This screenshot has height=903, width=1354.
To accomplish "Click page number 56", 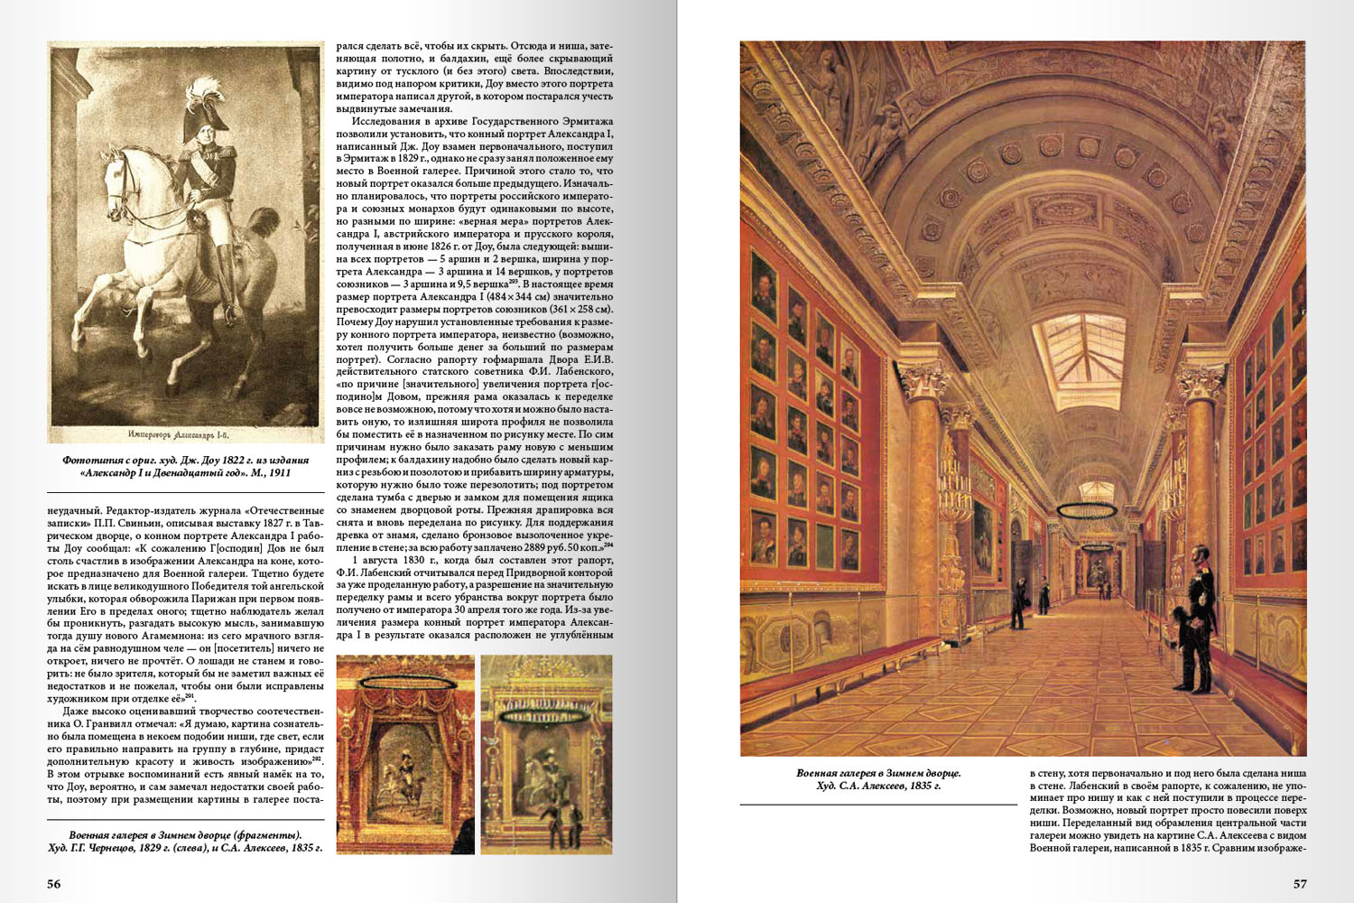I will pos(54,884).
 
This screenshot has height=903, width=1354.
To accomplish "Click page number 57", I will pos(1300,884).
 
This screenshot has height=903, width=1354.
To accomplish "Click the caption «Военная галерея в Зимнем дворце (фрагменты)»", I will pos(185,835).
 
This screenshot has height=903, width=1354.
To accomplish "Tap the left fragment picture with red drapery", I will pos(405,755).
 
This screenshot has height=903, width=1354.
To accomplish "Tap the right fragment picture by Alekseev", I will pos(546,755).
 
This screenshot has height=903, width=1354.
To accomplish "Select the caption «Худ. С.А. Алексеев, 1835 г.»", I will pos(878,786).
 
